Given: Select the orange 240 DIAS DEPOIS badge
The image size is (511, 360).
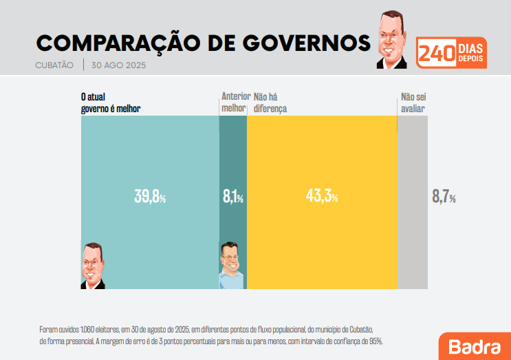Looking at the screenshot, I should pos(452,53).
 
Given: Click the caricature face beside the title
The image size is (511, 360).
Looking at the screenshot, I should pos(393,40).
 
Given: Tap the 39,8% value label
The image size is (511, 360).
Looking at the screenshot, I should pos(150,197).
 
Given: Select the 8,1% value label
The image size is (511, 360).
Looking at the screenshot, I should pos(232,197).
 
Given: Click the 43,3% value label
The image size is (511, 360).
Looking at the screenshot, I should pos(321,197).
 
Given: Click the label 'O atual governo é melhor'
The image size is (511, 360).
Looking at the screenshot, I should pos(110,103).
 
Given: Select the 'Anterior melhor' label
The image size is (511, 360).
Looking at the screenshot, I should pos(234,103).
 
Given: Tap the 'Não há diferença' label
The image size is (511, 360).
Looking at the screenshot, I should pos(270,103).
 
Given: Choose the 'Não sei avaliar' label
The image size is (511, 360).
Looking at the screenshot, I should pos(413,103).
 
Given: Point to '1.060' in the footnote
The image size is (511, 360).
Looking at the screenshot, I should pos(90,329).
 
